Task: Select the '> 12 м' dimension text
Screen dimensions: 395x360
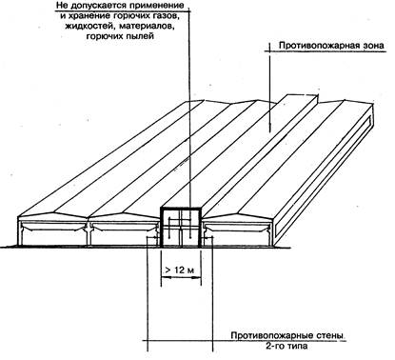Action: coord(179,270)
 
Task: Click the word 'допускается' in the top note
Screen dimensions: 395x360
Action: coord(100,6)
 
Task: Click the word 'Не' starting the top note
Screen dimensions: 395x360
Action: coord(62,6)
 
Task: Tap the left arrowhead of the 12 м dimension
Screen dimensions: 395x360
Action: coord(164,277)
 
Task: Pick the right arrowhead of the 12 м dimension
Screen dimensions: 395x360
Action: coord(199,277)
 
